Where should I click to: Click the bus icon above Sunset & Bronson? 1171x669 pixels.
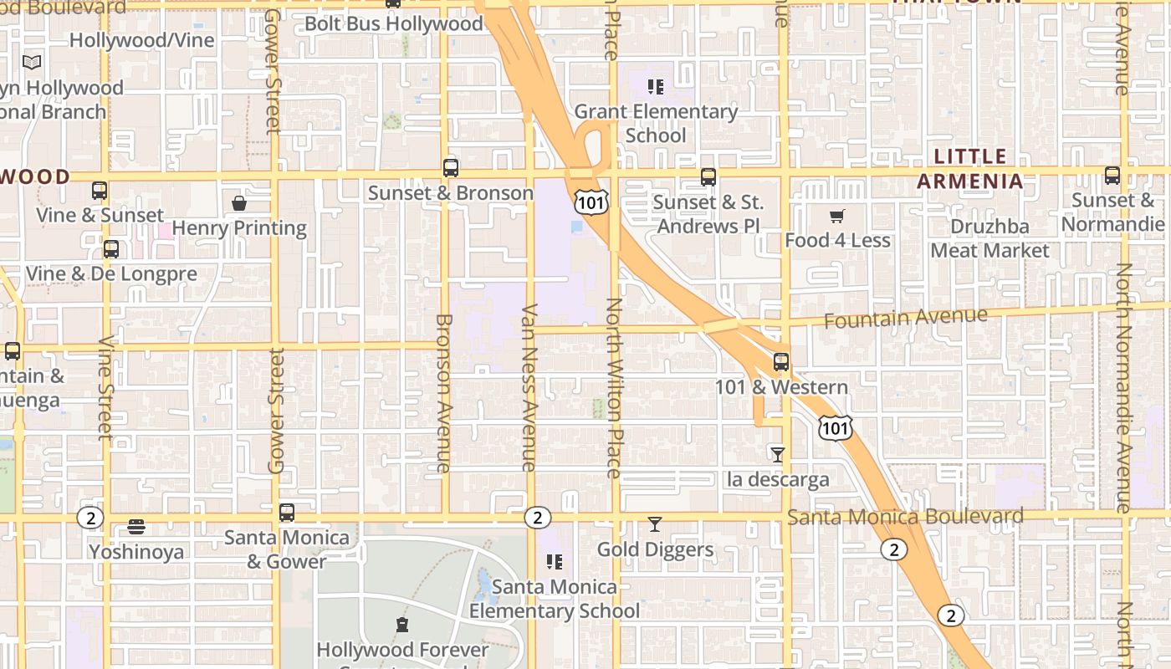coord(451,167)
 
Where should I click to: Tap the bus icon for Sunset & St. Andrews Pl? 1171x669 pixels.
coord(708,176)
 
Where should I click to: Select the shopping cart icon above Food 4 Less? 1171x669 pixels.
coord(837,216)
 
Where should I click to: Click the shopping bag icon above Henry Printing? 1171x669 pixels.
coord(239,202)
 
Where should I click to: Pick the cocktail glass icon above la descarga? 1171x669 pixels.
coord(778,454)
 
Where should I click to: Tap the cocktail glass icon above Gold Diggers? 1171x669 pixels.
coord(655,524)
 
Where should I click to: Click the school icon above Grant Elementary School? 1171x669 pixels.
coord(656,86)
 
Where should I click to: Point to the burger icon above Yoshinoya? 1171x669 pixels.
coord(136,527)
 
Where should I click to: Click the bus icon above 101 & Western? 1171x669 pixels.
coord(780,362)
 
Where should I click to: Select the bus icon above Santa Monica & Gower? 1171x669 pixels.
coord(287,512)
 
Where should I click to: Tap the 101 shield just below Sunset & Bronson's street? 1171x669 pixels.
coord(591,201)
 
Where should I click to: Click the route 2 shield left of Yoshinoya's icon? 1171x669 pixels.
coord(90,518)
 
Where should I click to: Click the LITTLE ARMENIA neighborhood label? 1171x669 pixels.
coord(970,168)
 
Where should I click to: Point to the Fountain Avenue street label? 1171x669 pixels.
coord(905,318)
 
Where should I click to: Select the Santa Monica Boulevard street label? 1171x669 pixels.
coord(905,517)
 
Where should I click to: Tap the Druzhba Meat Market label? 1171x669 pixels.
coord(989,238)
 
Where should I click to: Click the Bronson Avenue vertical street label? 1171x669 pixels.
coord(444,393)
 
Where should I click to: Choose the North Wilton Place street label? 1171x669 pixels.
coord(615,388)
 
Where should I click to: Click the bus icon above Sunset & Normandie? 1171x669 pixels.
coord(1112,176)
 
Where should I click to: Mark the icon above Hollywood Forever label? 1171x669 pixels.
coord(402,625)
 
